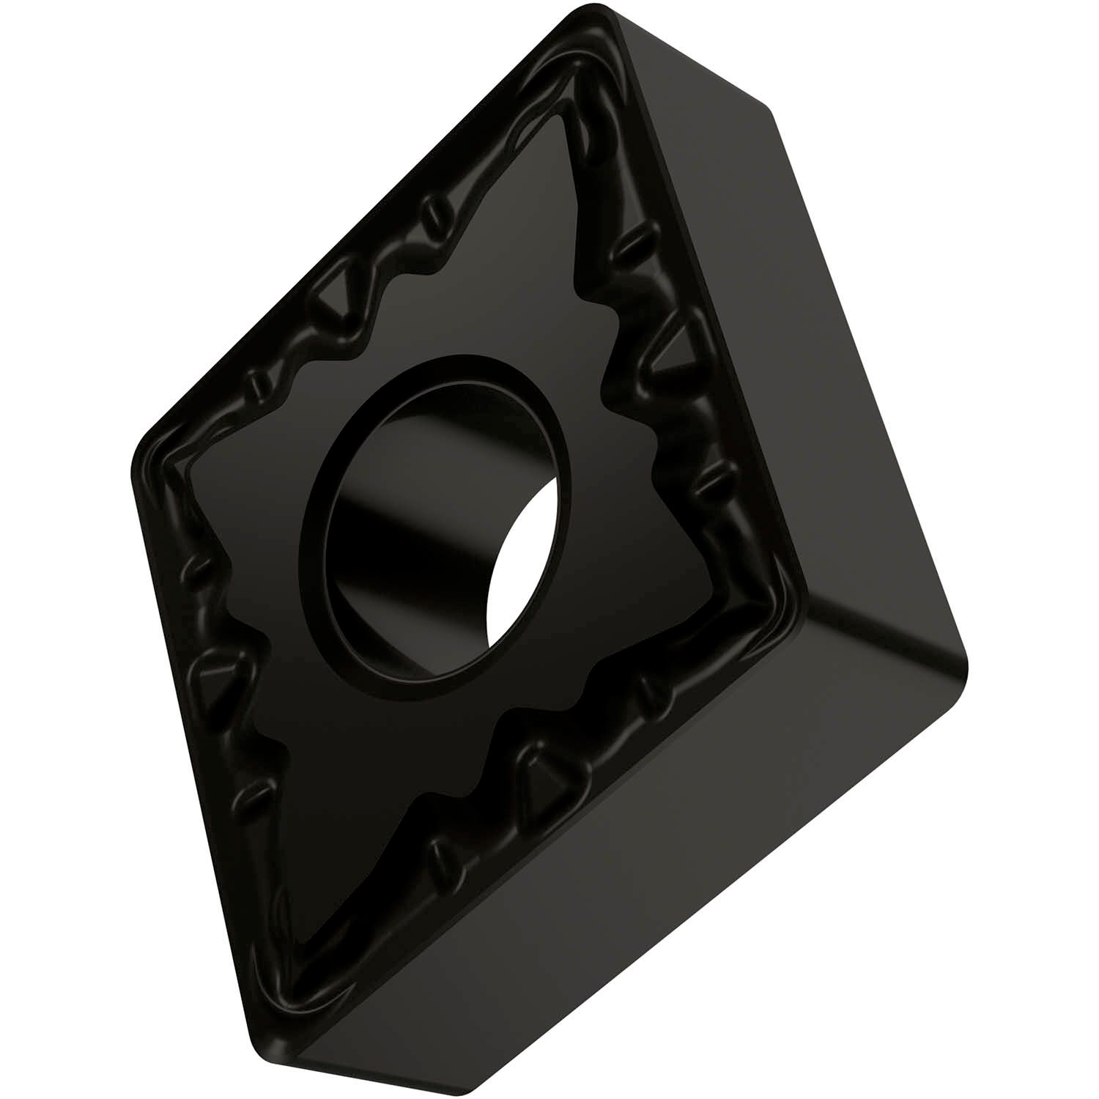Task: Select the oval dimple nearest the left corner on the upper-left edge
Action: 256,384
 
